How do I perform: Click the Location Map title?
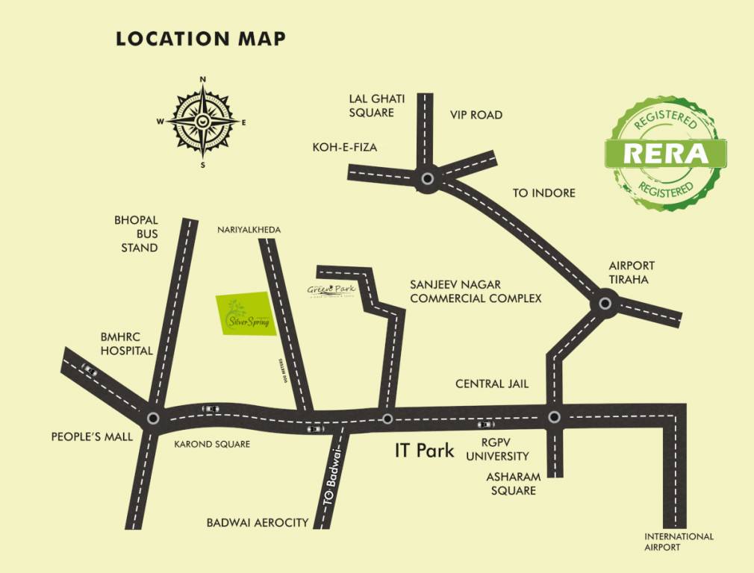[201, 39]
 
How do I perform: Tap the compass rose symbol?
[202, 122]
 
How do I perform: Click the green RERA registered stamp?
[665, 153]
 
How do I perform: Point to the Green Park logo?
[332, 290]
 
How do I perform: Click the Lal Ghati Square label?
[371, 105]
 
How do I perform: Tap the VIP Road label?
[476, 115]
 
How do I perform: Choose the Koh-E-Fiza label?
[345, 148]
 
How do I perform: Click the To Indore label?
[543, 193]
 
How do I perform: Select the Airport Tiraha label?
[632, 272]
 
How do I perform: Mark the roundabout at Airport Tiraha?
[605, 304]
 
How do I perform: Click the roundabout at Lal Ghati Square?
[427, 179]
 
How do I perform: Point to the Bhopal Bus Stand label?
[136, 234]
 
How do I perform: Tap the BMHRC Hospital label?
[126, 343]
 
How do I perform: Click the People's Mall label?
[92, 436]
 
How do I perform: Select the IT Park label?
[424, 451]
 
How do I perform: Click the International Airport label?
[679, 542]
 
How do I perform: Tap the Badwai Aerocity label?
[258, 523]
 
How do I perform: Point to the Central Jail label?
[492, 383]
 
